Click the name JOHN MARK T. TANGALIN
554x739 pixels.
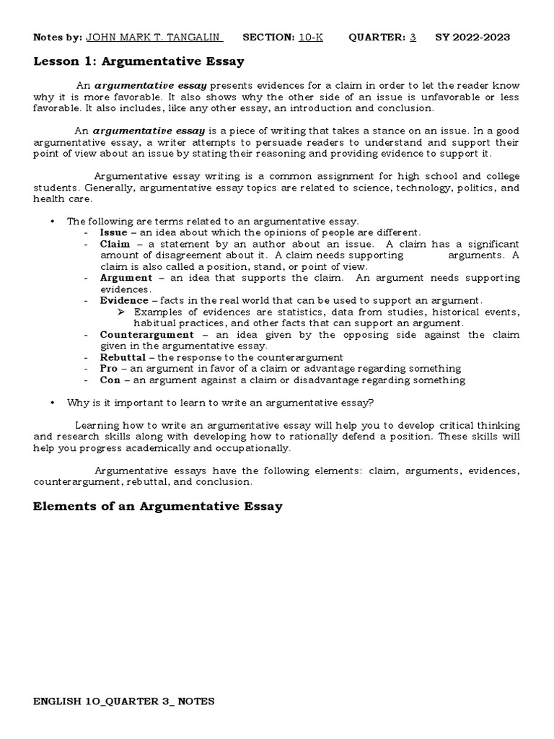(154, 38)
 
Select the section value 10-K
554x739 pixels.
(311, 38)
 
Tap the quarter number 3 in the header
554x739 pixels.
(413, 38)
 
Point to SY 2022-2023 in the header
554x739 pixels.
(472, 38)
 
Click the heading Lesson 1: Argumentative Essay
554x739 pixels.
(138, 61)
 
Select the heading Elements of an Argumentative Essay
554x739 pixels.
(158, 507)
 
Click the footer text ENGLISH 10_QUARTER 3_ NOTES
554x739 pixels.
(124, 701)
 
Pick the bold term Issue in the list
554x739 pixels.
(113, 232)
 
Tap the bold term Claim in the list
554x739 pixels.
(115, 244)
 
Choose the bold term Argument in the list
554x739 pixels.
(126, 278)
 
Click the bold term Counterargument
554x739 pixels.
(146, 335)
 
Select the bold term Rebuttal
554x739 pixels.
(123, 357)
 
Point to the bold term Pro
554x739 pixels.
(109, 369)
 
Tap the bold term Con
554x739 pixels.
(110, 380)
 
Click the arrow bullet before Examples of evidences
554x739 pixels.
(121, 312)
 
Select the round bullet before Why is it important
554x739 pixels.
(53, 403)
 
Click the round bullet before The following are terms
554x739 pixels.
(53, 221)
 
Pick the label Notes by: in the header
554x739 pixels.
(57, 38)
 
